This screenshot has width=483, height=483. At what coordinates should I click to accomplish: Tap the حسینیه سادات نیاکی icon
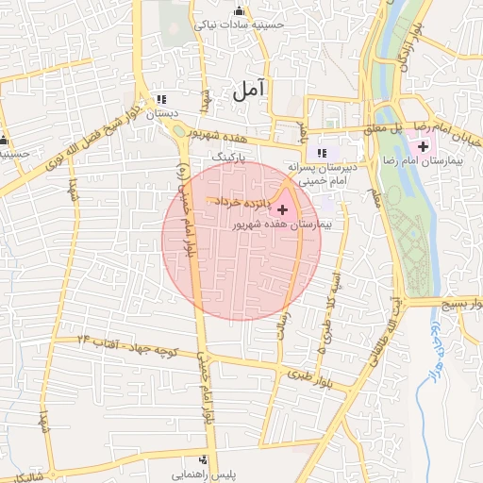[238, 12]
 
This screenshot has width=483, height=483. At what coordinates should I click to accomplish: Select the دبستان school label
[161, 113]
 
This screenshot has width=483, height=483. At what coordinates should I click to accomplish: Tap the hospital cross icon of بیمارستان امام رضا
[423, 147]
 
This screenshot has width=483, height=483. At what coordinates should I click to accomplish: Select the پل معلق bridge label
[386, 126]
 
